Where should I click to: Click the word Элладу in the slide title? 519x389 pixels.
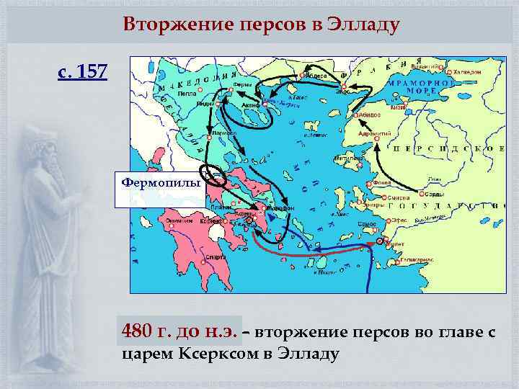tap(364, 24)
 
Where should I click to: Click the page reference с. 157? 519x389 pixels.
tap(83, 72)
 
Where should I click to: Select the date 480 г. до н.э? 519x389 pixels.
tap(182, 332)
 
